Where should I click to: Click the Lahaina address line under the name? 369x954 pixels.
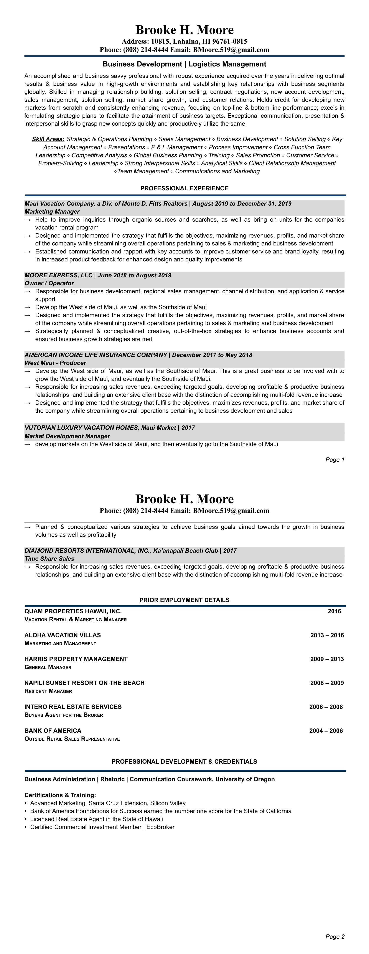(x=184, y=41)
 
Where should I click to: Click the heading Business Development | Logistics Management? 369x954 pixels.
(x=184, y=64)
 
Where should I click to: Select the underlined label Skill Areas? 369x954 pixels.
(x=48, y=139)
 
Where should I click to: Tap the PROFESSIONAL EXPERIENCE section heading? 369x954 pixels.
(x=184, y=188)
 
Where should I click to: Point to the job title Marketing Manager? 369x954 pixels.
(x=52, y=211)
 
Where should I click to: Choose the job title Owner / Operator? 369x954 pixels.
(x=49, y=283)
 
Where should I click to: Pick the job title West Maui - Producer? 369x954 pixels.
(x=55, y=363)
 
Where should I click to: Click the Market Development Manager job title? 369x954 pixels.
(x=67, y=436)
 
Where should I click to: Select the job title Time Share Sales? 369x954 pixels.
(x=49, y=559)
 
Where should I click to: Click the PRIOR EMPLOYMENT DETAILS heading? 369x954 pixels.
(x=184, y=600)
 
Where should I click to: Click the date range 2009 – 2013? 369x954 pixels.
(x=327, y=659)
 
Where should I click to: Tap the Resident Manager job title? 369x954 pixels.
(x=48, y=691)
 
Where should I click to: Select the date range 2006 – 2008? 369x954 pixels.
(x=326, y=707)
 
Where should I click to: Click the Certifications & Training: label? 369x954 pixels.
(x=60, y=795)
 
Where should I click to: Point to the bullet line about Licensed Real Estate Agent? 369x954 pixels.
(x=96, y=819)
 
